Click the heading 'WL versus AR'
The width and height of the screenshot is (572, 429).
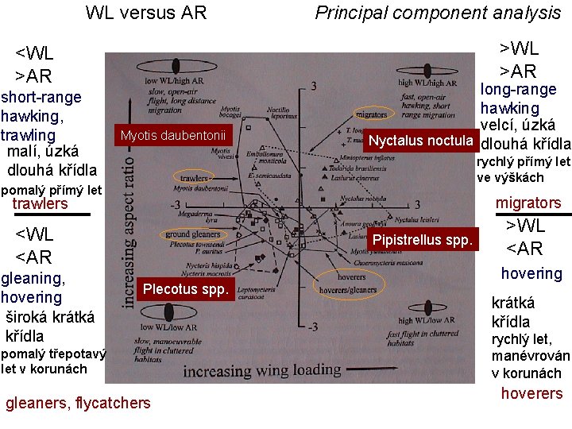click(x=146, y=13)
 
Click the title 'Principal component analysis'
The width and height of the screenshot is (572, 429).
click(x=438, y=13)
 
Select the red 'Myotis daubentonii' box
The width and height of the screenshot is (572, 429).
click(x=173, y=136)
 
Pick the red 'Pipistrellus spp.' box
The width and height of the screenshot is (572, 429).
click(x=424, y=239)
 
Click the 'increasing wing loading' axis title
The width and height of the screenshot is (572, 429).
click(x=263, y=371)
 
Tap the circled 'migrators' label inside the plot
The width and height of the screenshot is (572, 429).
click(x=373, y=114)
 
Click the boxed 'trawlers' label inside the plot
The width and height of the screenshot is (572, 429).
click(x=194, y=179)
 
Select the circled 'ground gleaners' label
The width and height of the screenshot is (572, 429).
click(x=193, y=234)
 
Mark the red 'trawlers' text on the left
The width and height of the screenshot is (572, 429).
click(x=41, y=204)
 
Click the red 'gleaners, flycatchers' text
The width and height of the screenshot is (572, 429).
click(x=78, y=403)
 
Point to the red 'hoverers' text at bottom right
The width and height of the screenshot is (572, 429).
click(x=531, y=393)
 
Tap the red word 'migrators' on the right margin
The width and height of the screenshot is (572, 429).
click(x=528, y=203)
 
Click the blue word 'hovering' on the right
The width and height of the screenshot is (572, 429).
click(x=531, y=273)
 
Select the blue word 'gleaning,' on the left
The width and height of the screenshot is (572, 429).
click(x=33, y=278)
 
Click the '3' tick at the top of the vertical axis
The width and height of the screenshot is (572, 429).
click(x=315, y=85)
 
